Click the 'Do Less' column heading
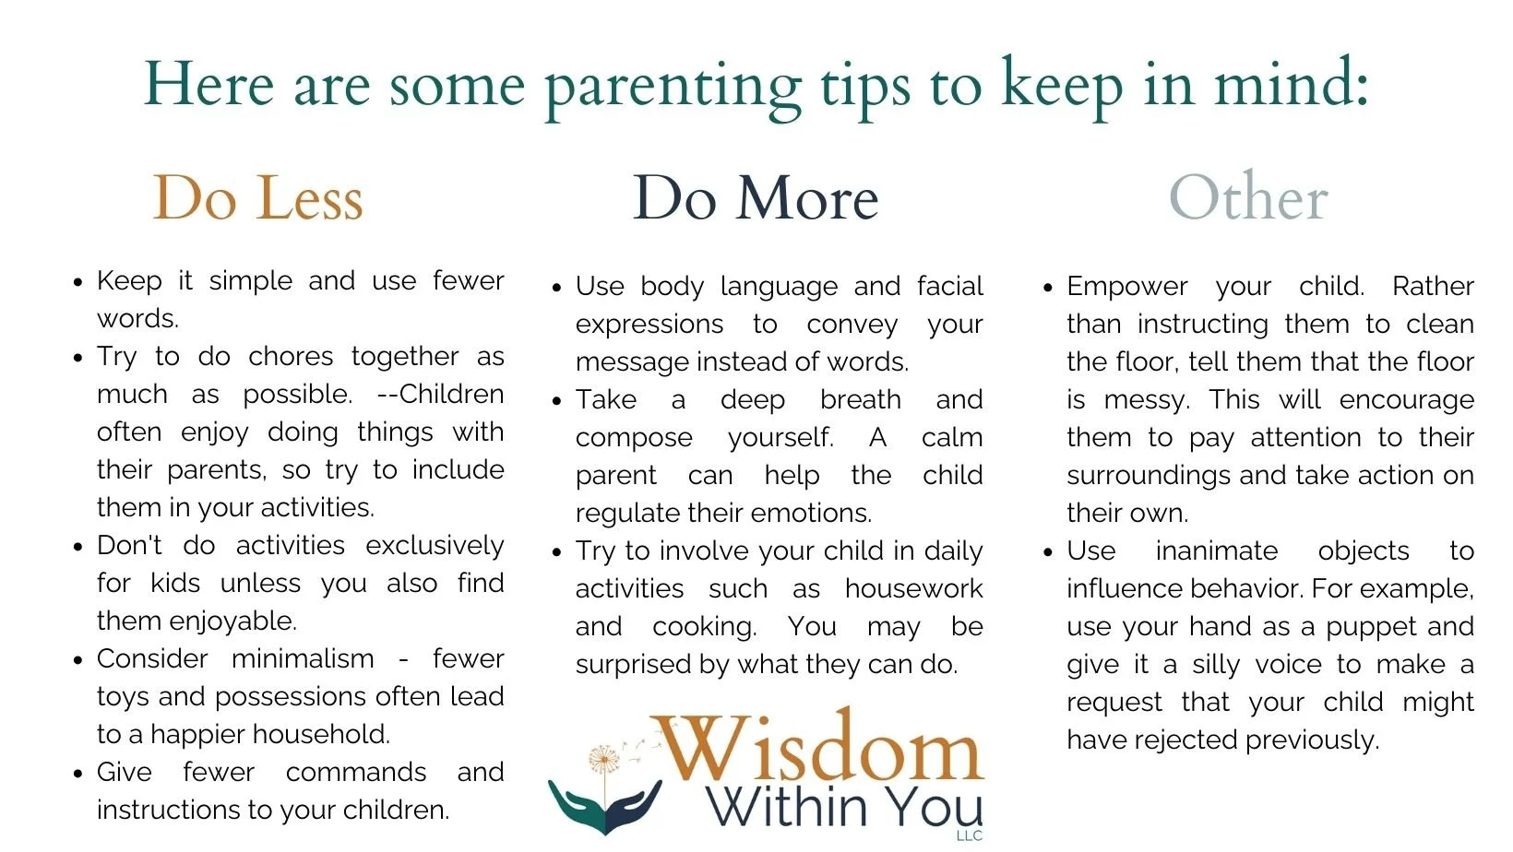coord(257,198)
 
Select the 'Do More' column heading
coord(755,198)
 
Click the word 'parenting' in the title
coord(673,88)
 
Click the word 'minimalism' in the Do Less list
coord(303,659)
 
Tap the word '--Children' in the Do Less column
coord(440,395)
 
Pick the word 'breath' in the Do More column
coord(860,400)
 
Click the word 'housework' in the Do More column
coord(913,589)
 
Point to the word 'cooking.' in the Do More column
coord(704,627)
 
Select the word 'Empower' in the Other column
coord(1126,287)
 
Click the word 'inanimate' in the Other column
coord(1216,551)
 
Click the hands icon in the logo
coord(605,804)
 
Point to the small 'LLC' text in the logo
coord(970,836)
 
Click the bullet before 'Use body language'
coord(556,289)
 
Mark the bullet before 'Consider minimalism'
coord(78,661)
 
